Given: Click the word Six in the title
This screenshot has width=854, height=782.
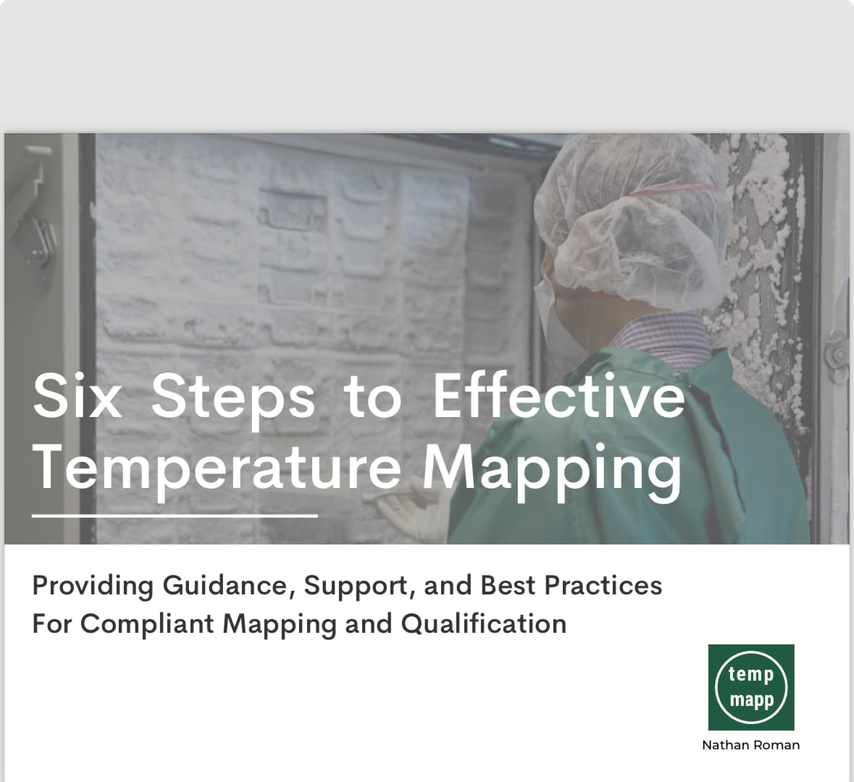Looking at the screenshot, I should [77, 396].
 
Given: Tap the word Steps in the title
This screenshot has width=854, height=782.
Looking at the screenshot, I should [233, 398].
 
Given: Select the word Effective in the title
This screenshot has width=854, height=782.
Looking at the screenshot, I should [558, 396].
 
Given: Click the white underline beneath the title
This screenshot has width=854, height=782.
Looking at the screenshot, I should [175, 516].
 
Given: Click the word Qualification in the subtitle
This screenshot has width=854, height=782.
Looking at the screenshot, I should [483, 624].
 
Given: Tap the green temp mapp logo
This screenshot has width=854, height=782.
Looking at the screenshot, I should [751, 686].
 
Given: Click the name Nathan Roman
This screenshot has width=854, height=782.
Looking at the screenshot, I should [750, 745].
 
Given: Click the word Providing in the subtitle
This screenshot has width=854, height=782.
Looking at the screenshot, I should [92, 585].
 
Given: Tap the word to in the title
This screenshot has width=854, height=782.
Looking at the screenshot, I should [372, 398].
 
